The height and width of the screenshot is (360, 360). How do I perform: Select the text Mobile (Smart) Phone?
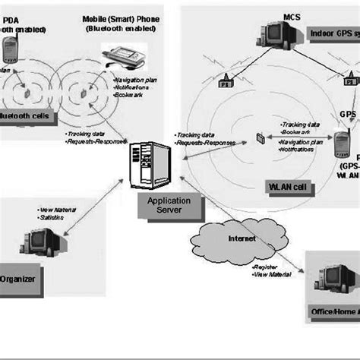click(x=126, y=17)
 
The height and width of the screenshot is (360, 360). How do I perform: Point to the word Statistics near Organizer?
click(x=51, y=218)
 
